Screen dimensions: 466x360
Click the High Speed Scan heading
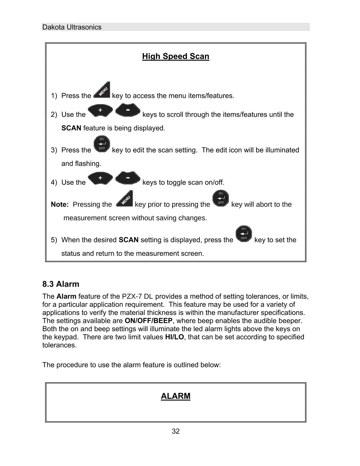coord(175,56)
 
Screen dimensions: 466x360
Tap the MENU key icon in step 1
coord(102,90)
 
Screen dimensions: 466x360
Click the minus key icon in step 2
coord(128,110)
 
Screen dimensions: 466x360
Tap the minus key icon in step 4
coord(128,178)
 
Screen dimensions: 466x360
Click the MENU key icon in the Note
coord(124,198)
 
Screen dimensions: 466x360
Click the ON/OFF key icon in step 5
coord(244,234)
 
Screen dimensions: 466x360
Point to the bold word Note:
coord(60,204)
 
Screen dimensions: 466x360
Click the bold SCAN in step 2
coord(71,128)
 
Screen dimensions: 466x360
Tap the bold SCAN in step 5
coord(128,240)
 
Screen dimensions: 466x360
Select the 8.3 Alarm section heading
coord(61,284)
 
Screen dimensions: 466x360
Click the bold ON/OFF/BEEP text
coord(148,321)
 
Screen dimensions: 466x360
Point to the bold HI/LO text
coord(174,337)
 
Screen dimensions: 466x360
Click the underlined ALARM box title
coord(175,396)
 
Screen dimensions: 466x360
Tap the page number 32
coord(176,431)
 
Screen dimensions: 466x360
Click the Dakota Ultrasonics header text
coord(72,27)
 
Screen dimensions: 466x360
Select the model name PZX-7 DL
coord(137,297)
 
